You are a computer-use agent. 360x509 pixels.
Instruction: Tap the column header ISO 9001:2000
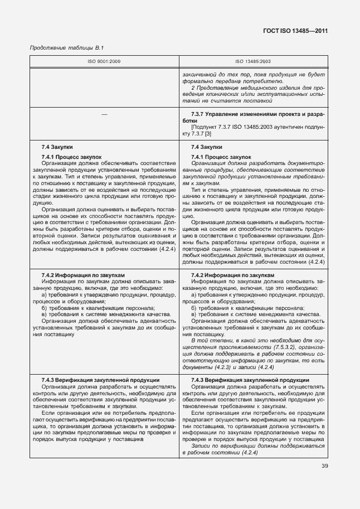pyautogui.click(x=104, y=61)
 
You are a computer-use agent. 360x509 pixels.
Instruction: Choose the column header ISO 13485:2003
pyautogui.click(x=252, y=61)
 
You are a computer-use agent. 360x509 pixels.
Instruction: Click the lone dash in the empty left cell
pyautogui.click(x=104, y=114)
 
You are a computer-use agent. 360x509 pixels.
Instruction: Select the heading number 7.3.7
pyautogui.click(x=198, y=114)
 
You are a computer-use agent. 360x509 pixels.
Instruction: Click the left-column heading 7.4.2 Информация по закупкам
pyautogui.click(x=83, y=275)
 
